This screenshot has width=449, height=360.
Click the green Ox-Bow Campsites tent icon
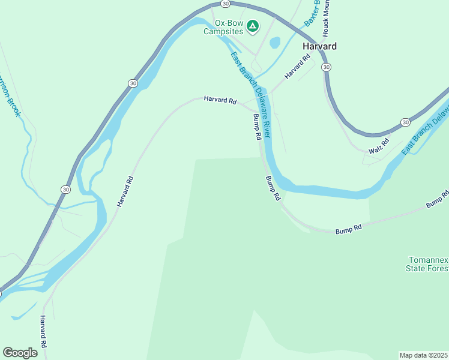253,26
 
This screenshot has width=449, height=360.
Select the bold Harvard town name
319,46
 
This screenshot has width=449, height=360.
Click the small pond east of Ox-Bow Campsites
275,43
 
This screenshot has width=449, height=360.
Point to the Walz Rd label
379,146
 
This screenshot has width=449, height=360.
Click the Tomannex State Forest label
428,264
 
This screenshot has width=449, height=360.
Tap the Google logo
20,352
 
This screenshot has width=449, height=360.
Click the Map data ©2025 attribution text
423,355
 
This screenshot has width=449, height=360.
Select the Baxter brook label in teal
310,13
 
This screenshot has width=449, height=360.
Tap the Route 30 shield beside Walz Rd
406,122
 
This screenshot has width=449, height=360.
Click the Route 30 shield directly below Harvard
325,67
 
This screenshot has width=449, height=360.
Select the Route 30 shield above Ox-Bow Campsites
224,4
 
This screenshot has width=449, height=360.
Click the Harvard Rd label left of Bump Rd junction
220,100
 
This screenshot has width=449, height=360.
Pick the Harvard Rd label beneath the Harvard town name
298,65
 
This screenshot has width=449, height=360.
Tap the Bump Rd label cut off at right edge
438,199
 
